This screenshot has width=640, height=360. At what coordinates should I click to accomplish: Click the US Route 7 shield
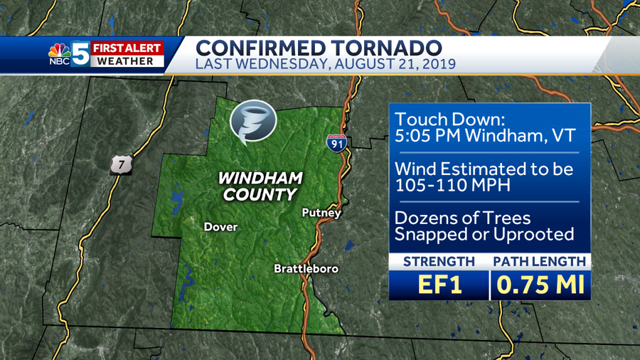[x=120, y=164]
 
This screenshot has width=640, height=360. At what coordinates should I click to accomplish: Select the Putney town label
[x=321, y=213]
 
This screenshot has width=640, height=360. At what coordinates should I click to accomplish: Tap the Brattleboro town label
[x=306, y=269]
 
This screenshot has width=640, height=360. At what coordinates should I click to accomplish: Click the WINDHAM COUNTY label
[x=260, y=185]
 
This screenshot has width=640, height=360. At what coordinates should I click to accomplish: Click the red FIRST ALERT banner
[x=127, y=48]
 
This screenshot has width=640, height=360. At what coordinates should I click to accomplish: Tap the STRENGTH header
[x=439, y=261]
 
